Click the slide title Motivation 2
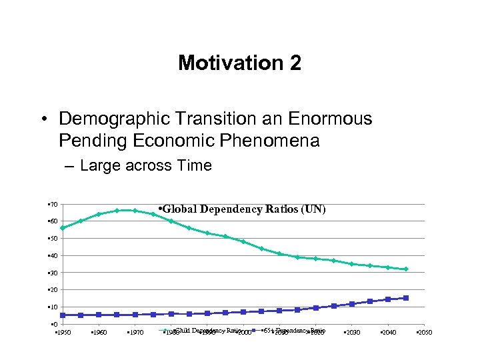[239, 63]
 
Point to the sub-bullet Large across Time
[145, 166]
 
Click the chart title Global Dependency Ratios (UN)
[241, 209]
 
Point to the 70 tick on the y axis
[53, 204]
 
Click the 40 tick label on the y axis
[53, 255]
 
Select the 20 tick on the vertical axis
[53, 290]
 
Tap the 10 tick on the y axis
[53, 307]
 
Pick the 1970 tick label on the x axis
[135, 332]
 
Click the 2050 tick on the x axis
[423, 332]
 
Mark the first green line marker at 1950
[63, 228]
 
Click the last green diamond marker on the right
[405, 269]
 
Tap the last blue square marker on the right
[405, 298]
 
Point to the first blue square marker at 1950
[63, 315]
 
